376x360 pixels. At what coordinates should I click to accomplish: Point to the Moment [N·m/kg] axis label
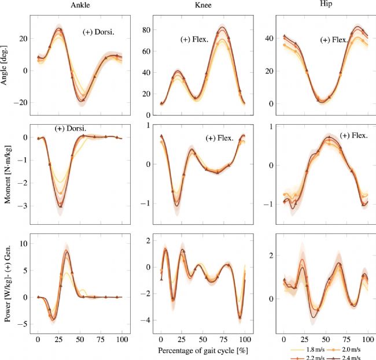[x=6, y=173]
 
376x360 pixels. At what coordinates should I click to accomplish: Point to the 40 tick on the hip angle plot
[x=269, y=39]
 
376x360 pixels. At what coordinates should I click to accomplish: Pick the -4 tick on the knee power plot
[x=146, y=320]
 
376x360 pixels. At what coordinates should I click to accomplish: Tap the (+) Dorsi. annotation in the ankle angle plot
[x=99, y=32]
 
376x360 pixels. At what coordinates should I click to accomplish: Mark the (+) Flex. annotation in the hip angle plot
[x=334, y=40]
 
